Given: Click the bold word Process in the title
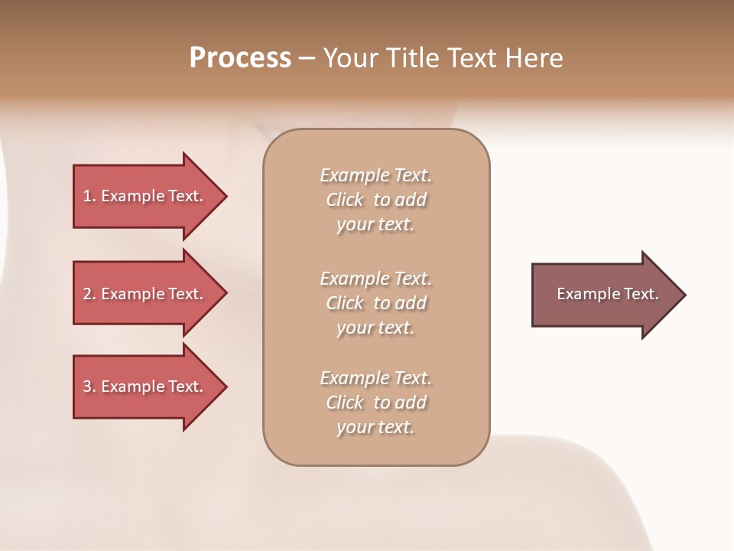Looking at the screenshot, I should coord(240,58).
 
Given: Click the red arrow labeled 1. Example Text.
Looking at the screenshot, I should coord(145,196).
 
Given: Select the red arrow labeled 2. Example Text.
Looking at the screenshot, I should coord(145,294).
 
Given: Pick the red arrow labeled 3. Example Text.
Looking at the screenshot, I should coord(145,386).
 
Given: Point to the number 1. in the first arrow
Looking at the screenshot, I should coord(89,196).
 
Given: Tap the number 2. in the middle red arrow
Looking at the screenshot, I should coord(89,294).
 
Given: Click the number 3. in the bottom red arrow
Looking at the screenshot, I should coord(89,386).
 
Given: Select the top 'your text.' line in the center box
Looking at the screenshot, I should coord(375,225).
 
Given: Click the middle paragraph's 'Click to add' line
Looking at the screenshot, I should coord(375,303).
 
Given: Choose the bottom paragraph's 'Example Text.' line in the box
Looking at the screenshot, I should coord(375,378).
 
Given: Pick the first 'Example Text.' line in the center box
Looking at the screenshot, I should coord(375,175).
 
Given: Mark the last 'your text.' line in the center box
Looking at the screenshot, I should coord(375,428).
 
